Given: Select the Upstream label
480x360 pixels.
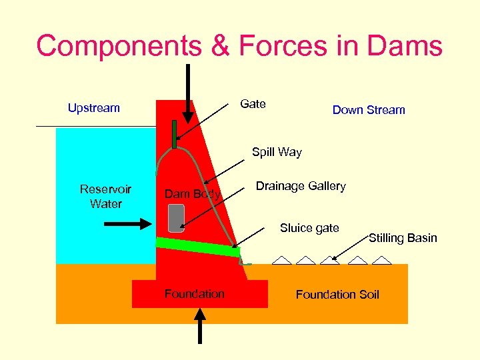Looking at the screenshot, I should click(x=94, y=108).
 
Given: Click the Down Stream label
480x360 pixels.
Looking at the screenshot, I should click(x=369, y=110).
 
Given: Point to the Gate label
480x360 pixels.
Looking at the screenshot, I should click(x=253, y=104).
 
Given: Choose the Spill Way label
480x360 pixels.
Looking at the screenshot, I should click(x=277, y=152).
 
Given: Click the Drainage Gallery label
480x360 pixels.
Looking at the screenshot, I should click(x=301, y=186).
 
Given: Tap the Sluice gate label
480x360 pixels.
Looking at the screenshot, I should click(x=309, y=228).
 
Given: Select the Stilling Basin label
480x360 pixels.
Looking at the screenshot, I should click(x=403, y=238).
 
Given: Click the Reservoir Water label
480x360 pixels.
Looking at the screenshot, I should click(x=105, y=197).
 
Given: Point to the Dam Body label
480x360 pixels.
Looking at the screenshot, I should click(x=192, y=194).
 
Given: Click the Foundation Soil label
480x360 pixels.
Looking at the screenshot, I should click(x=337, y=295).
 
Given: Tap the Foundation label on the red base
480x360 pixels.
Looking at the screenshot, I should click(x=195, y=294).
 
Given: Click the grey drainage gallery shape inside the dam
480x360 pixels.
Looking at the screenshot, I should click(x=176, y=218).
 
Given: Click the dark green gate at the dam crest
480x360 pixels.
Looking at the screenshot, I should click(x=174, y=134).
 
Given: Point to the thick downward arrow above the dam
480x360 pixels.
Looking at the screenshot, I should click(x=188, y=94).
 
